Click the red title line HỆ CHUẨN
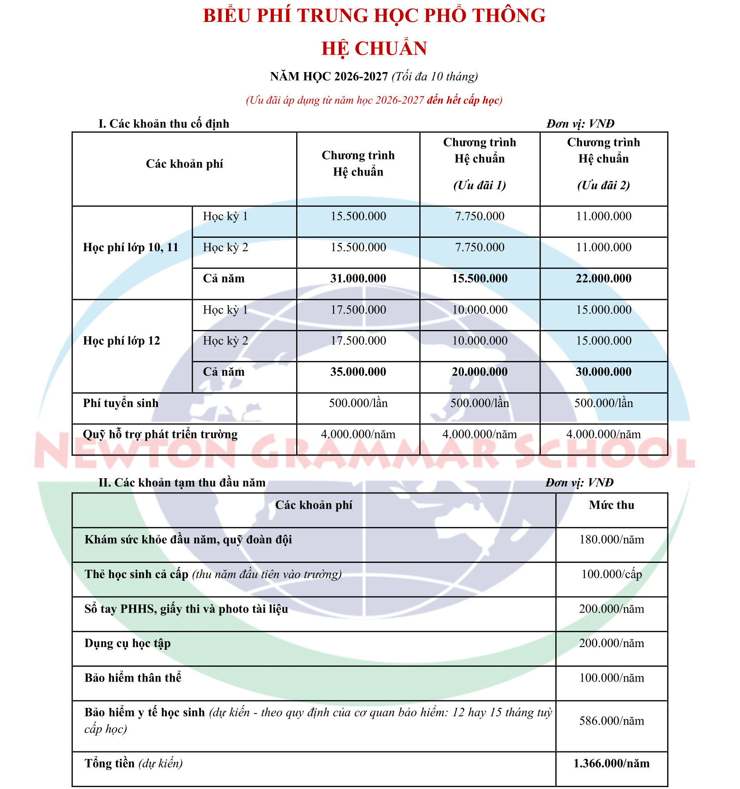tap(374, 49)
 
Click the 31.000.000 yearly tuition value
tap(358, 279)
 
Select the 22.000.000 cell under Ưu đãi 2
tap(603, 279)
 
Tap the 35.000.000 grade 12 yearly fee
tap(358, 372)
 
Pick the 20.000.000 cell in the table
tap(479, 372)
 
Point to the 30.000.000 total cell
tap(603, 372)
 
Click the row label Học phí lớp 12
tap(121, 341)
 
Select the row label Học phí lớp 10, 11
tap(131, 247)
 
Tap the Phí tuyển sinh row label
tap(121, 403)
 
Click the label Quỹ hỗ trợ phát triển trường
tap(160, 434)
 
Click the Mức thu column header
tap(611, 505)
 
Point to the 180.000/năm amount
tap(611, 540)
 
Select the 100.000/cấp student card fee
tap(611, 574)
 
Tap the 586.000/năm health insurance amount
tap(611, 721)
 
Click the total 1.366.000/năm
tap(611, 763)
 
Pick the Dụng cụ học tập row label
tap(128, 643)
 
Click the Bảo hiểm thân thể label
tap(133, 678)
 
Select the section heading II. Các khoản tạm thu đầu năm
tap(182, 483)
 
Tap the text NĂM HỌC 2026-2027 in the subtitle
tap(329, 77)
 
